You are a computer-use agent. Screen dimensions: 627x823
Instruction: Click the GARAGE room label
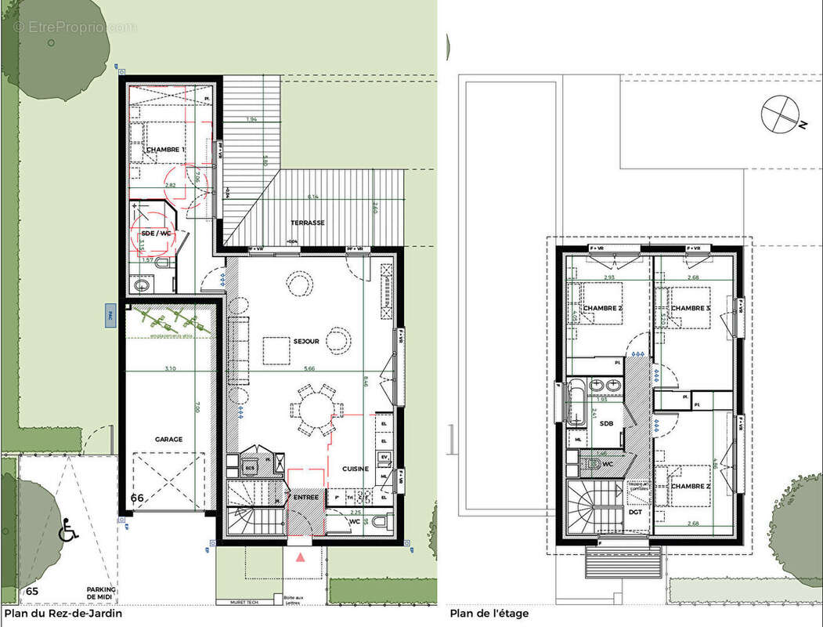click(168, 440)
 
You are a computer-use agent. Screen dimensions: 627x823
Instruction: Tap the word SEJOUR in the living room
click(306, 342)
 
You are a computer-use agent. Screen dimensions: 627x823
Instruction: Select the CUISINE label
click(355, 469)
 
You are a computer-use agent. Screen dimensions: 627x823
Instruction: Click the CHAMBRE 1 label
click(166, 150)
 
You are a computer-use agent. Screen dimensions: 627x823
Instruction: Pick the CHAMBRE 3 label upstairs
click(691, 308)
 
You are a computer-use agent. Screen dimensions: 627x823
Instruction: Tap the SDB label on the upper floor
click(606, 424)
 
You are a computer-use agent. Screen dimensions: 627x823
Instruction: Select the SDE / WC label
click(154, 234)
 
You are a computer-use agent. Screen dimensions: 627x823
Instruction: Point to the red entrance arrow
click(301, 557)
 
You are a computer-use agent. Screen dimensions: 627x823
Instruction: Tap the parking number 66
click(138, 498)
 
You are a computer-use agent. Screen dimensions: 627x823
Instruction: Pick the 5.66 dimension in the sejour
click(307, 368)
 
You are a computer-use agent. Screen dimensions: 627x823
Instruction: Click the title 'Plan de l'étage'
click(489, 613)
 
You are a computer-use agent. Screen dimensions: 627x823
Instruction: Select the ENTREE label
click(305, 497)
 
